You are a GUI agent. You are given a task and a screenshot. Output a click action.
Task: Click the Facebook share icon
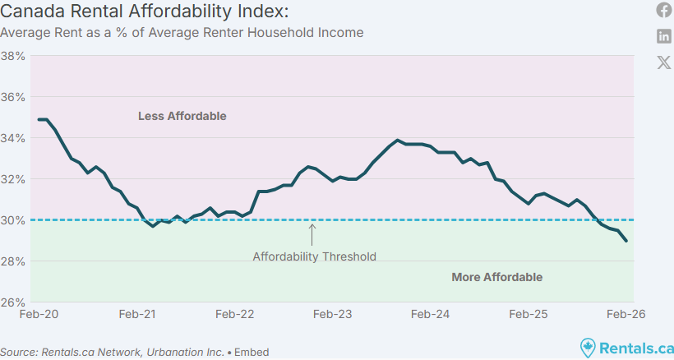[x=664, y=10]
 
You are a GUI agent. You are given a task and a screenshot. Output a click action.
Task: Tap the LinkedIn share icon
[x=664, y=36]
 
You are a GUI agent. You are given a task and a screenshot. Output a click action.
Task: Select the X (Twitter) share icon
[x=664, y=62]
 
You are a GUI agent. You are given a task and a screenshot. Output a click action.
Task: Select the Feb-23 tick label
[x=333, y=315]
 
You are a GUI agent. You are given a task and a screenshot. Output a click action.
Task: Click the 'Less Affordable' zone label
[x=182, y=116]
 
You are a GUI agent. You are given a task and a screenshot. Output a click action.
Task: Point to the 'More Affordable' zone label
[x=496, y=277]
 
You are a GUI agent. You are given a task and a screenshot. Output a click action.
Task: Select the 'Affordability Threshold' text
[x=314, y=256]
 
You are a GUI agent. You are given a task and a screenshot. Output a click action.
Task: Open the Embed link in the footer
[x=252, y=352]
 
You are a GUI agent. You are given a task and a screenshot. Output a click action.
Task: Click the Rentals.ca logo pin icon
[x=587, y=348]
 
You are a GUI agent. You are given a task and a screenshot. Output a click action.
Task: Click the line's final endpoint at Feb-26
[x=627, y=241]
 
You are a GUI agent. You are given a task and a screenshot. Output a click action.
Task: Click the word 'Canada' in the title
[x=28, y=12]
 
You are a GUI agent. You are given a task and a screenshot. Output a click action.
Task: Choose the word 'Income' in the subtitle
[x=340, y=33]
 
